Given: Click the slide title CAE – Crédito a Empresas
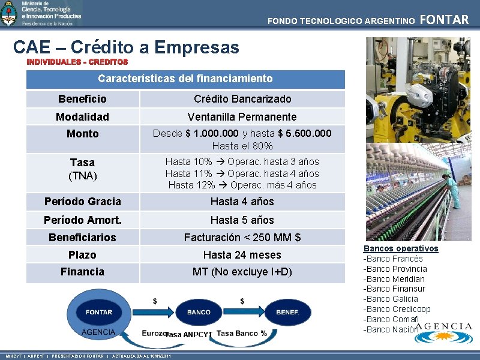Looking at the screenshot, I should pyautogui.click(x=126, y=47).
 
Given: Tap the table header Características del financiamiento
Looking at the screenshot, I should pyautogui.click(x=185, y=79).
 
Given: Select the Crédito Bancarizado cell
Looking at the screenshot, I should pyautogui.click(x=242, y=99).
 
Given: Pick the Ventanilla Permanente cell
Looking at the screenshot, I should pyautogui.click(x=242, y=116).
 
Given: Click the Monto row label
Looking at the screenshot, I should pyautogui.click(x=83, y=134).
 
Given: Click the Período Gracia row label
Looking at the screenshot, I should pyautogui.click(x=83, y=202).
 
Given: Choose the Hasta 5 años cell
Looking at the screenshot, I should pyautogui.click(x=242, y=220).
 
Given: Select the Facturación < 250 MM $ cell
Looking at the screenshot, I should pyautogui.click(x=242, y=238).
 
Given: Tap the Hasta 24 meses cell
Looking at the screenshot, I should pyautogui.click(x=242, y=255).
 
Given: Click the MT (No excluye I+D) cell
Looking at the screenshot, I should pyautogui.click(x=242, y=272).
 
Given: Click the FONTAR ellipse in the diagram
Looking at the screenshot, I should pyautogui.click(x=99, y=312).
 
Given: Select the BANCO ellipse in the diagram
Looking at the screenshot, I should pyautogui.click(x=199, y=312).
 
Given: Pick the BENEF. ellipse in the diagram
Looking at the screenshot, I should pyautogui.click(x=287, y=312).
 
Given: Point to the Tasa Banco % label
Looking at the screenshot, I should pyautogui.click(x=242, y=333).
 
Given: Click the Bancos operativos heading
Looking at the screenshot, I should pyautogui.click(x=401, y=248).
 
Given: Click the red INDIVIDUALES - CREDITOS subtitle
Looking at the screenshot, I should pyautogui.click(x=77, y=62).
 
